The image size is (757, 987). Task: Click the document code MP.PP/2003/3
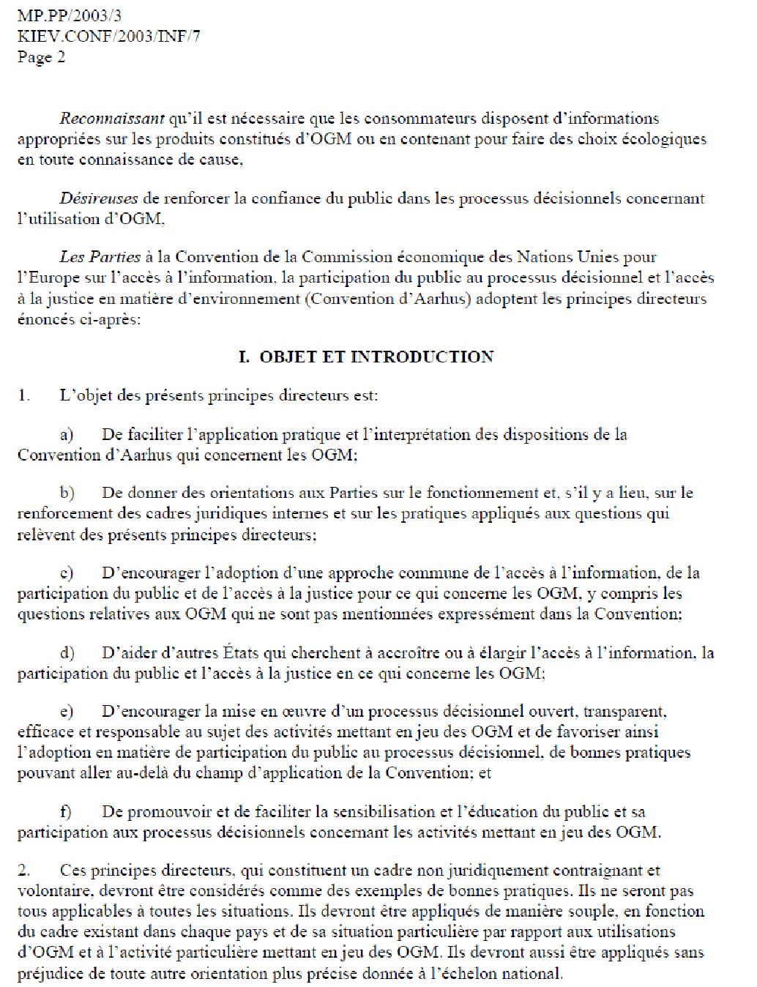70,15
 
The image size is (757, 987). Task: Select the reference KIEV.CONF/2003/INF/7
108,36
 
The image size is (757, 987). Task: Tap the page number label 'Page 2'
41,57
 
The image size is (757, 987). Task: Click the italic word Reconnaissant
112,119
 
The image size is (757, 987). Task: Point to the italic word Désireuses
99,198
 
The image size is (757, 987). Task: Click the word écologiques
664,139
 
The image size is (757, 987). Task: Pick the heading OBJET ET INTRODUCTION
376,357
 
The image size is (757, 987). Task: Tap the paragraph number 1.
24,396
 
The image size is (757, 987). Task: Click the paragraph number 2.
24,871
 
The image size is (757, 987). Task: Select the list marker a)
67,435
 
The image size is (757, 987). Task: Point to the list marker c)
67,573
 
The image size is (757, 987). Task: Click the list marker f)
66,812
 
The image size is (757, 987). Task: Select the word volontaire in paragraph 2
48,891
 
